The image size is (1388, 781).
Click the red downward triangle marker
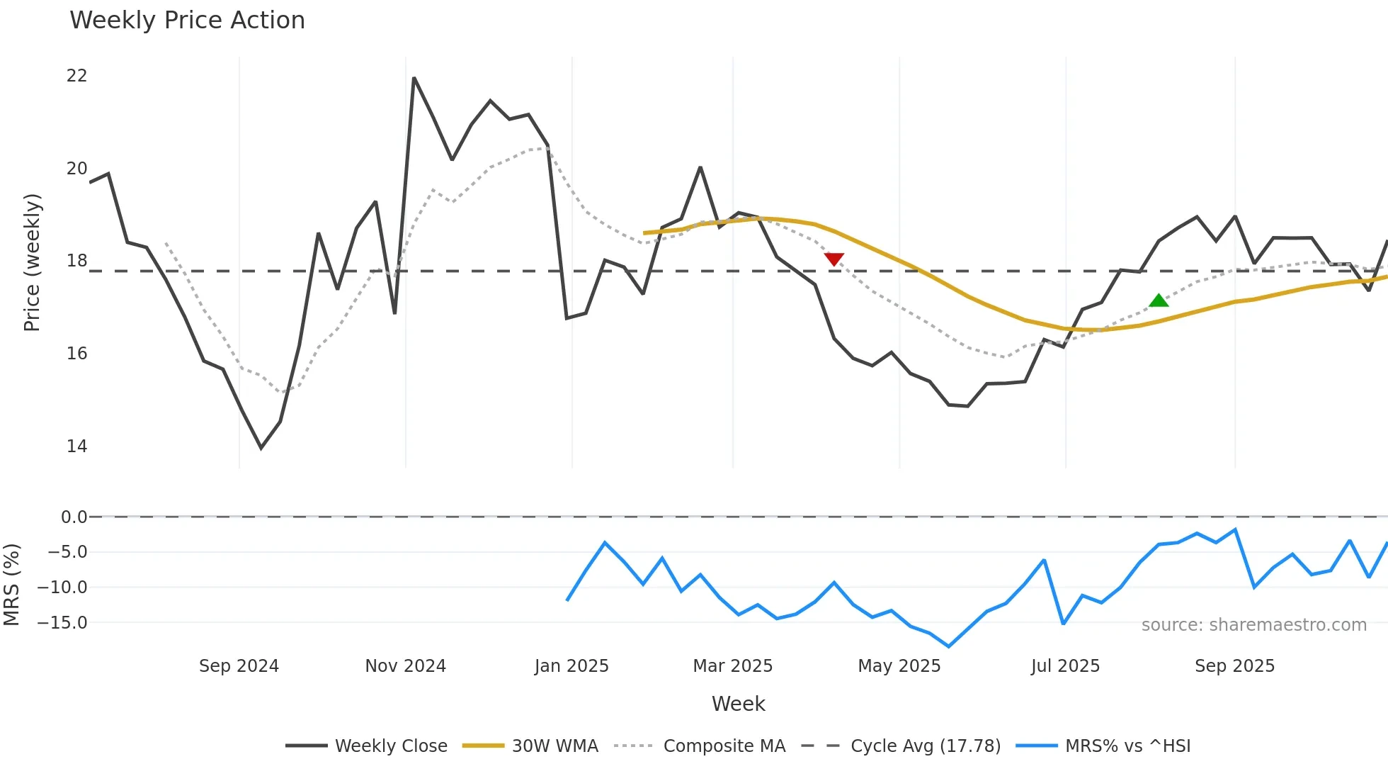click(834, 259)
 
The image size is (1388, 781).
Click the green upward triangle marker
click(1159, 300)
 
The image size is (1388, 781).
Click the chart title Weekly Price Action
click(187, 20)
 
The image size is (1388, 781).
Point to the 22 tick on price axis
click(76, 76)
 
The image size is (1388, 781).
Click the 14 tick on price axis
click(76, 446)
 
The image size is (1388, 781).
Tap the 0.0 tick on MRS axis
click(74, 517)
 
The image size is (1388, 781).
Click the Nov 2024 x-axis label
click(405, 665)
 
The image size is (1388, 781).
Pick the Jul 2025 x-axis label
click(1065, 665)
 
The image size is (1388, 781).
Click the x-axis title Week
click(738, 704)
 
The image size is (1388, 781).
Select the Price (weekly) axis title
click(32, 262)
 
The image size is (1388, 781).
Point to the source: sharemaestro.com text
click(1253, 624)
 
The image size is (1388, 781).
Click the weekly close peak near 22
click(414, 78)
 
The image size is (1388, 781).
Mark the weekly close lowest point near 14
click(261, 448)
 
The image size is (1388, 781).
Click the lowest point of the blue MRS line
click(949, 646)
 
